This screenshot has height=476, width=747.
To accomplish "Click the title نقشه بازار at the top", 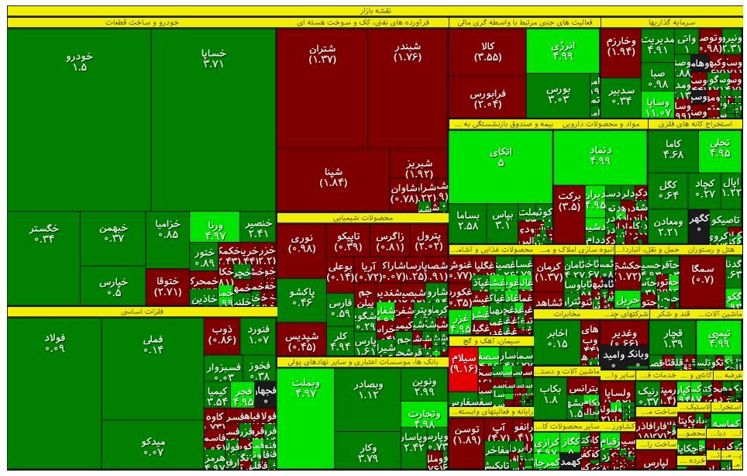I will coord(373,10).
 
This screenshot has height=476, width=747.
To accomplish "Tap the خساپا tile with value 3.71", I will coord(213,58).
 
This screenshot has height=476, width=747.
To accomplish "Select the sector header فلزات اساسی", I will coord(139,312).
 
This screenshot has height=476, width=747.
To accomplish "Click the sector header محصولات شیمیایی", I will coord(362,218).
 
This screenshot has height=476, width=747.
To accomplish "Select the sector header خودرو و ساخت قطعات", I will coord(139,22).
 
